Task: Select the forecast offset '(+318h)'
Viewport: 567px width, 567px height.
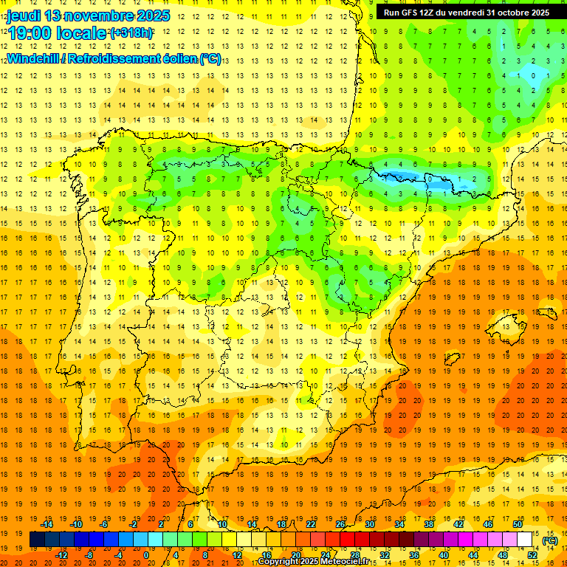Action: (131, 33)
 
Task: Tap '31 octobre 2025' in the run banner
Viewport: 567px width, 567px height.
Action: (518, 13)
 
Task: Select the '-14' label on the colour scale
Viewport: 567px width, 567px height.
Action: (49, 524)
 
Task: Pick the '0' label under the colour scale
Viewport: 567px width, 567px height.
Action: (146, 555)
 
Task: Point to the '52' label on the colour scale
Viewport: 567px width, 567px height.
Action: (533, 555)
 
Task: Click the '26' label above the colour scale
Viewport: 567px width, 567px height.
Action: (340, 524)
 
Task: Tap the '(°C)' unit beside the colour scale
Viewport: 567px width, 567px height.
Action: (549, 540)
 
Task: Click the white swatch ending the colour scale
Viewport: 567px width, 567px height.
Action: (525, 540)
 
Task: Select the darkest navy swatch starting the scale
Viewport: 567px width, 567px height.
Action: (37, 540)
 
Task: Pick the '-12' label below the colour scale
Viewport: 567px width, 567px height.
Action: (62, 555)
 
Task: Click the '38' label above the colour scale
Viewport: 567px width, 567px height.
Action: (429, 524)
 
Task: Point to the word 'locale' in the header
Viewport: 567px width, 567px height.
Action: (84, 33)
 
